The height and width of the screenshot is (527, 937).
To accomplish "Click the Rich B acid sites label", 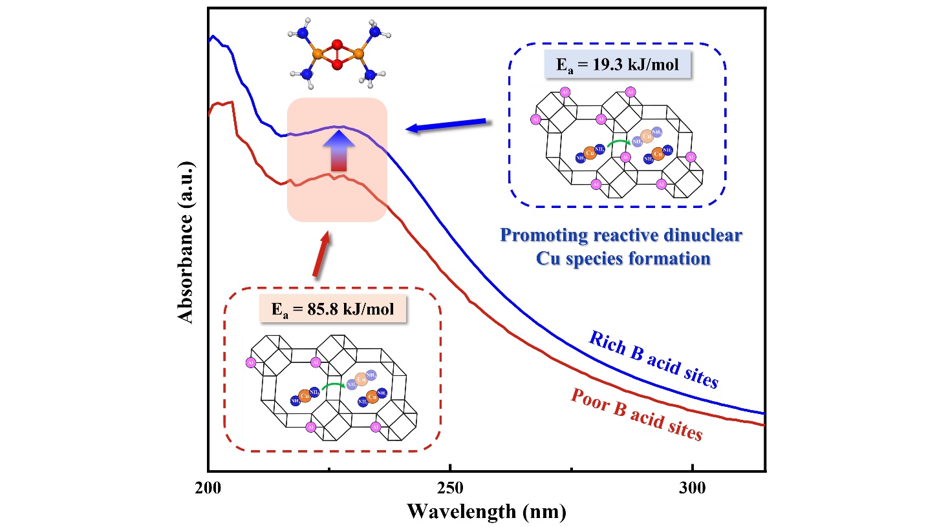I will pos(653,360).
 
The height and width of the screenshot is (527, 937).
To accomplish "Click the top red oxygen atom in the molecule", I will pos(336,45).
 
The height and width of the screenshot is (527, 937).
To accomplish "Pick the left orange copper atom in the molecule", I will pos(318,56).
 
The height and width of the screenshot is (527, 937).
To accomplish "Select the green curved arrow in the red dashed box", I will pos(334,386).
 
